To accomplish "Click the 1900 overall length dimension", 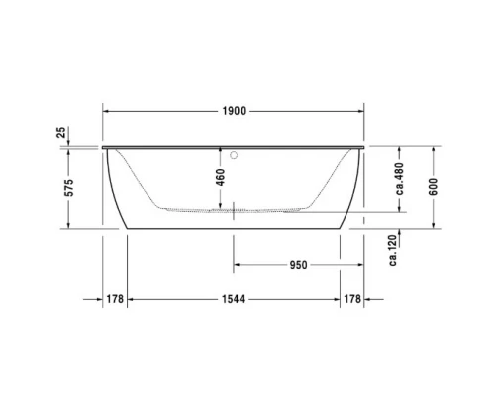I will click(x=235, y=111).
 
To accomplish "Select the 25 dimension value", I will click(x=62, y=133).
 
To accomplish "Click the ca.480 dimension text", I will click(x=399, y=178).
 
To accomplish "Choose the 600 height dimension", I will click(x=432, y=188).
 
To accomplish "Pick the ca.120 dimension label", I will click(x=393, y=249).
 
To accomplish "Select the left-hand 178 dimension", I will click(x=115, y=300).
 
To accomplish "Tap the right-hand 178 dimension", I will click(x=352, y=300).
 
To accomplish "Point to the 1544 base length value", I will click(x=234, y=300).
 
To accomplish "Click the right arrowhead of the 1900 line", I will click(x=361, y=110).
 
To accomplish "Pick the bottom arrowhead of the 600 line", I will click(x=432, y=227).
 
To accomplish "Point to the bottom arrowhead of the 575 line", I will click(x=67, y=227).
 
